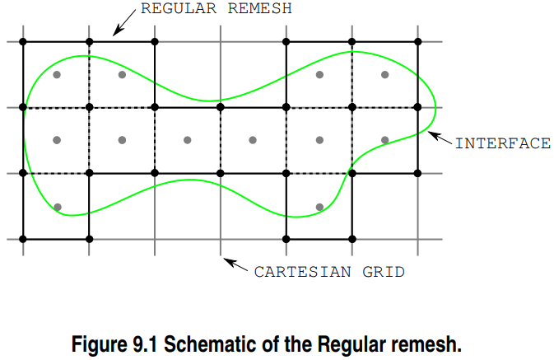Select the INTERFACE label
point(502,143)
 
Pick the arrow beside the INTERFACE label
point(440,138)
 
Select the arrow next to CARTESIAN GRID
point(236,264)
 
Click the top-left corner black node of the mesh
point(23,41)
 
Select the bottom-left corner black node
point(23,239)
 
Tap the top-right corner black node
point(418,41)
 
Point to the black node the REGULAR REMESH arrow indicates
point(89,41)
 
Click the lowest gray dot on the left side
point(57,207)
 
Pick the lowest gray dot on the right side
point(319,207)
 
